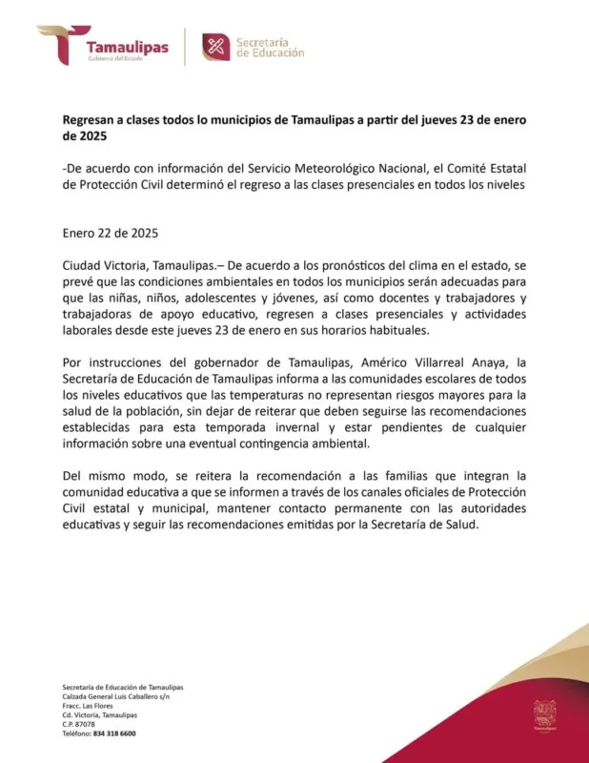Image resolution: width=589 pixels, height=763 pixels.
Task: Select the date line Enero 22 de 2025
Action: click(x=110, y=233)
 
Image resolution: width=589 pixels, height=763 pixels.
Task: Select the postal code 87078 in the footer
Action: click(x=86, y=724)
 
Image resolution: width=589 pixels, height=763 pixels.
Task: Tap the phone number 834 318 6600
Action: click(x=114, y=733)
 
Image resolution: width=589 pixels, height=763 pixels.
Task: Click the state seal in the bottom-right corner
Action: click(x=544, y=716)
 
